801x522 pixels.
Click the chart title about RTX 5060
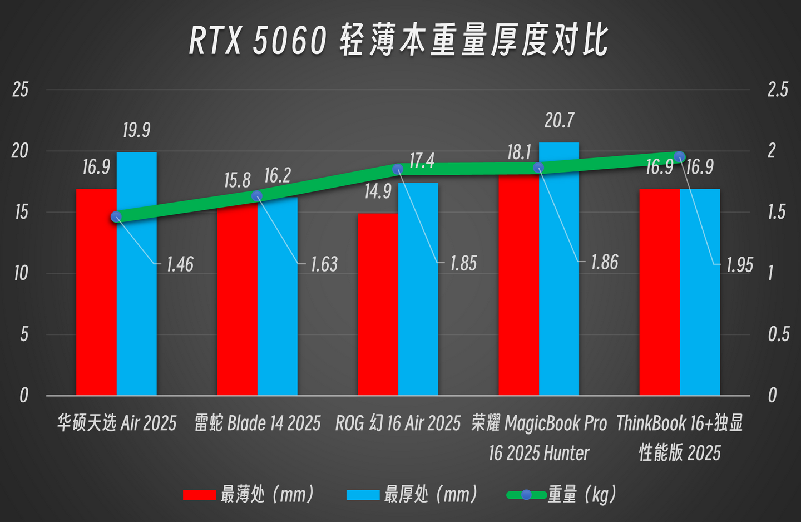[398, 40]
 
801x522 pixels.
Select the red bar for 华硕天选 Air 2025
[96, 292]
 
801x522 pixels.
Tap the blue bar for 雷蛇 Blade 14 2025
[277, 295]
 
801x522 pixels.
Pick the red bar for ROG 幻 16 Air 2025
[378, 304]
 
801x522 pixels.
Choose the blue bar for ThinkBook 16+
[700, 292]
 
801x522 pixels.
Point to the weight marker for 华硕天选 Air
[116, 217]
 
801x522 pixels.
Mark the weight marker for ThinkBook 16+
[679, 156]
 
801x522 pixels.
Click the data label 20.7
[559, 121]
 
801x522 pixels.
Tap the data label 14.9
[378, 191]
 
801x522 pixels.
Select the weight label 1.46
[180, 264]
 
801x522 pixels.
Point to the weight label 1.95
[740, 265]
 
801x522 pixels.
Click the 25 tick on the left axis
[21, 90]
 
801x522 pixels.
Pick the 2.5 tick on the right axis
[778, 90]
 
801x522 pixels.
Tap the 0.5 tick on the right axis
[778, 334]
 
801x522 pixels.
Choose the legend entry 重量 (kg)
[562, 494]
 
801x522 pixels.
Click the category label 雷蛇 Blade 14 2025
[258, 423]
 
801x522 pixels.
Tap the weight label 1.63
[324, 264]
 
